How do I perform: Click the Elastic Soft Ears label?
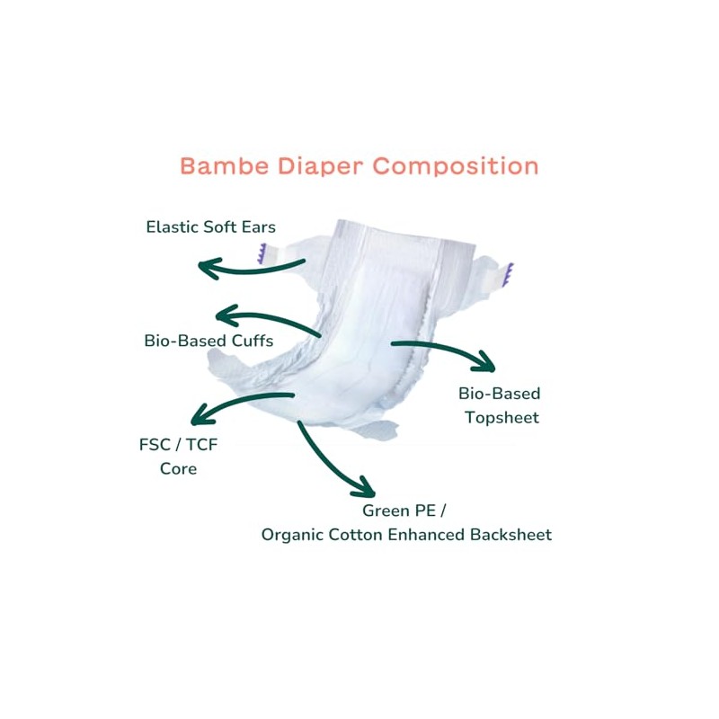[210, 226]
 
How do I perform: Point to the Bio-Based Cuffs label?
[209, 341]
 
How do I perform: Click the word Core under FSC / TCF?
[178, 468]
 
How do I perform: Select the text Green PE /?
[404, 510]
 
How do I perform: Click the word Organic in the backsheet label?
[291, 535]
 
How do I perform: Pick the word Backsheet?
[510, 535]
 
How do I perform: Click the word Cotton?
[353, 535]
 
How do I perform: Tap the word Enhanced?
[423, 535]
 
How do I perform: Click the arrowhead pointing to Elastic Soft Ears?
[209, 268]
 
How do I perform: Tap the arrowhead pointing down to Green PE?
[364, 487]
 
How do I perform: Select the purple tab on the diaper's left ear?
[262, 254]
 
